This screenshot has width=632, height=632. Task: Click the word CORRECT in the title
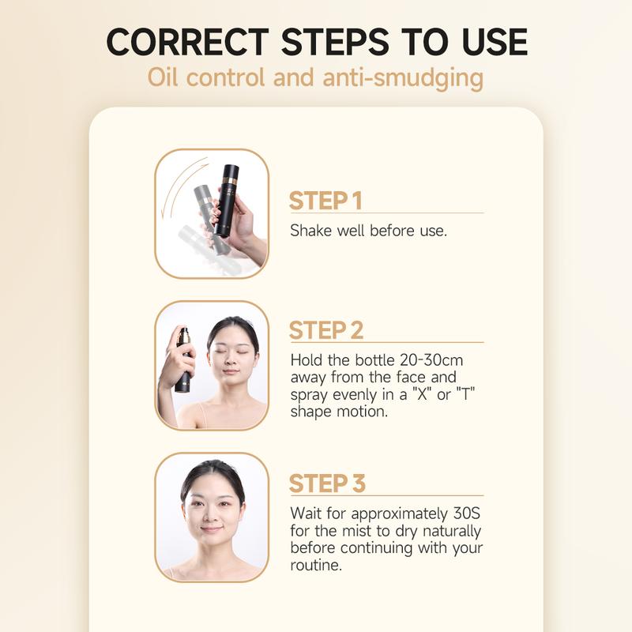click(x=187, y=42)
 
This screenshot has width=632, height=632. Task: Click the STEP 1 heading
click(x=325, y=201)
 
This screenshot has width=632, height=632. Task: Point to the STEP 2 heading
click(x=326, y=330)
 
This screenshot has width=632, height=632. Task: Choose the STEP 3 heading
click(x=327, y=483)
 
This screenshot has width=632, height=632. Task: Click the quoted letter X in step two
click(x=422, y=393)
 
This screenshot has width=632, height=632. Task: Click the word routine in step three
click(x=315, y=565)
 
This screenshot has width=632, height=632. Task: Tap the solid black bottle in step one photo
click(x=227, y=201)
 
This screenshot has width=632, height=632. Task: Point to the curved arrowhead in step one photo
click(x=164, y=212)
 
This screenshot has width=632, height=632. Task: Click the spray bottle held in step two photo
click(x=183, y=359)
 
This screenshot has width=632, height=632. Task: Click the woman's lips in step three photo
click(x=211, y=529)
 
